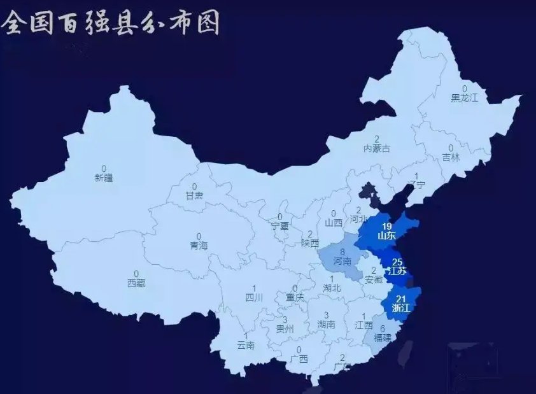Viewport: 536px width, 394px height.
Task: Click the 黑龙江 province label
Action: tap(464, 98)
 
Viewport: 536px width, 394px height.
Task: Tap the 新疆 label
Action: tap(104, 178)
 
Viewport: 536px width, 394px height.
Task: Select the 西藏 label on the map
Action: tap(136, 283)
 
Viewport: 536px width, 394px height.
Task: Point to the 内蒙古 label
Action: tap(377, 148)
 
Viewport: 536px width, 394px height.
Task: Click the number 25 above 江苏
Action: tap(397, 262)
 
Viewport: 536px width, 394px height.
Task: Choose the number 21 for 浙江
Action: tap(401, 299)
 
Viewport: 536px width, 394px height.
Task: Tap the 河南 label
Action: tap(342, 261)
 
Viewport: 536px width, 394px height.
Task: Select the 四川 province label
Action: tap(254, 297)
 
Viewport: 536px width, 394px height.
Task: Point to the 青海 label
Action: tap(199, 245)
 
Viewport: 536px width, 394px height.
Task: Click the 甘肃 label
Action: tap(194, 195)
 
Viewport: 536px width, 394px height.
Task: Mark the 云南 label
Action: tap(246, 346)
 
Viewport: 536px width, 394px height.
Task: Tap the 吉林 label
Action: tap(451, 157)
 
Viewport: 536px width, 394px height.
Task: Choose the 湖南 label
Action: tap(326, 324)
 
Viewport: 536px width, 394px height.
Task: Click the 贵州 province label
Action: tap(285, 329)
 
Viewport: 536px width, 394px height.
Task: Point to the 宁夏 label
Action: tap(279, 226)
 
